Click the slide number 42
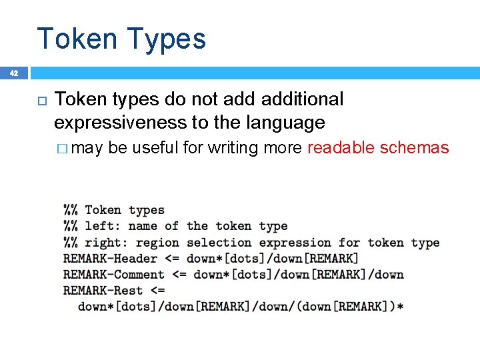click(14, 73)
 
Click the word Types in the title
click(165, 39)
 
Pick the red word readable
click(341, 147)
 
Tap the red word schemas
click(414, 147)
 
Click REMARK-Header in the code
click(110, 259)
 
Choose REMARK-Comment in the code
click(114, 275)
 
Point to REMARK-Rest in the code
click(103, 291)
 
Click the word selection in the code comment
click(219, 243)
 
